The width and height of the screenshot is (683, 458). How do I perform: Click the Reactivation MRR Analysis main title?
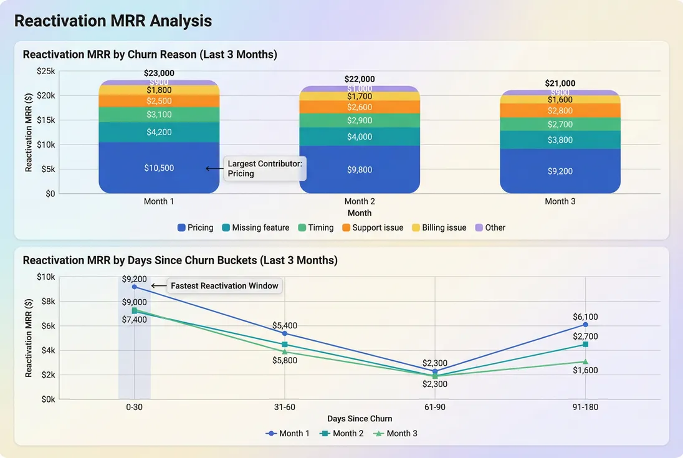[x=113, y=21]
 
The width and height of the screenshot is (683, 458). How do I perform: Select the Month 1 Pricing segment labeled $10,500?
[x=160, y=168]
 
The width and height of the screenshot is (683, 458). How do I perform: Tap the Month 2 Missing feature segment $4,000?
[x=360, y=136]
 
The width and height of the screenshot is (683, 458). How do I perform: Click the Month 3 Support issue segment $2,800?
[x=560, y=110]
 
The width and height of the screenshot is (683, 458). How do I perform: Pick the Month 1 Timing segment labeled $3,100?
[x=160, y=115]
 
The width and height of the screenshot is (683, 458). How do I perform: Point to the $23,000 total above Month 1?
[x=159, y=73]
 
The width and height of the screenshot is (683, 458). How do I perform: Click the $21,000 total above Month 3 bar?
[x=560, y=83]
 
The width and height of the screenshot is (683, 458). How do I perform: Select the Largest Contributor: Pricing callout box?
[x=265, y=168]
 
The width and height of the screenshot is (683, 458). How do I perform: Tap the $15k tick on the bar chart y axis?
[x=45, y=120]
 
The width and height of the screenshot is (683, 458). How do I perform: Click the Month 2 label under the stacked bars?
[x=360, y=201]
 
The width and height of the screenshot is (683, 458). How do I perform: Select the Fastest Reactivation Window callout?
[x=224, y=286]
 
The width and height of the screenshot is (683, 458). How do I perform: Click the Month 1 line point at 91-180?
[x=585, y=325]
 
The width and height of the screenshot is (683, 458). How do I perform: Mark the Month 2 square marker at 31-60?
[x=285, y=345]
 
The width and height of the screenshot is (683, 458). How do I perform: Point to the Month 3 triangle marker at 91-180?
[x=585, y=361]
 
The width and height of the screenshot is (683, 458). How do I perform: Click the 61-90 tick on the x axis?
[x=435, y=406]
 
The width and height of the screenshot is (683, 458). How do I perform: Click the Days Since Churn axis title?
[x=360, y=418]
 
